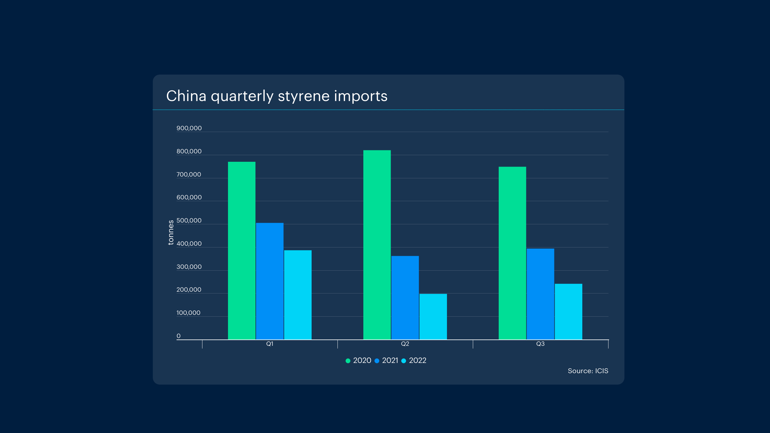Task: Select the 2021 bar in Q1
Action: coord(269,281)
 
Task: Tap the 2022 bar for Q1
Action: coord(298,295)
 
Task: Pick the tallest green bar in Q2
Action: coord(377,245)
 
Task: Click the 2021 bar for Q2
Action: coord(405,298)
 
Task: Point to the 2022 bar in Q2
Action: coord(433,317)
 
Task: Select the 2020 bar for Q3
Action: coord(512,253)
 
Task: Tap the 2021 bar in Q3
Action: coord(540,294)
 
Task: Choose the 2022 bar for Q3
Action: coord(568,312)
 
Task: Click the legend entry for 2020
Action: coord(359,361)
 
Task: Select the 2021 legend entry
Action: coord(387,361)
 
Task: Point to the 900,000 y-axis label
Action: coord(189,128)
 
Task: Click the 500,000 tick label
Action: coord(189,220)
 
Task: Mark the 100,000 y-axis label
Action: coord(188,313)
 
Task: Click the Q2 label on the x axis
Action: coord(405,344)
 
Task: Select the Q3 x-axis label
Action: coord(540,344)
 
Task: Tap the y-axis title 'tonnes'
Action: coord(171,232)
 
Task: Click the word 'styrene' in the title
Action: coord(304,96)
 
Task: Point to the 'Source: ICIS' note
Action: coord(588,371)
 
